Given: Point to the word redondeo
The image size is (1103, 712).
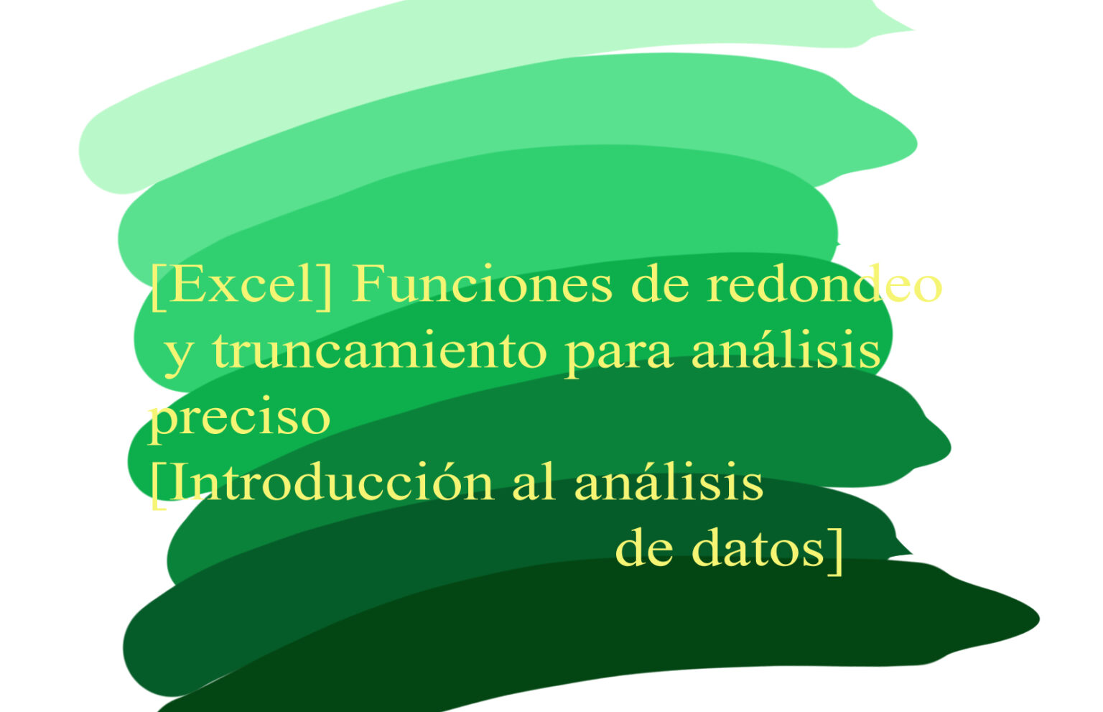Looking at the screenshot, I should [x=824, y=285].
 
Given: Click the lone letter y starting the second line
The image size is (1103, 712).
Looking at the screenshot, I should [x=176, y=353].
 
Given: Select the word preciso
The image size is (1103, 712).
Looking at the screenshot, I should [x=239, y=418].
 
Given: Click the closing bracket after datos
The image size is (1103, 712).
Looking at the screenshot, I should [x=836, y=551].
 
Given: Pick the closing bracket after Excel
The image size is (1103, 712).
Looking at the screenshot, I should [x=327, y=286].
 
